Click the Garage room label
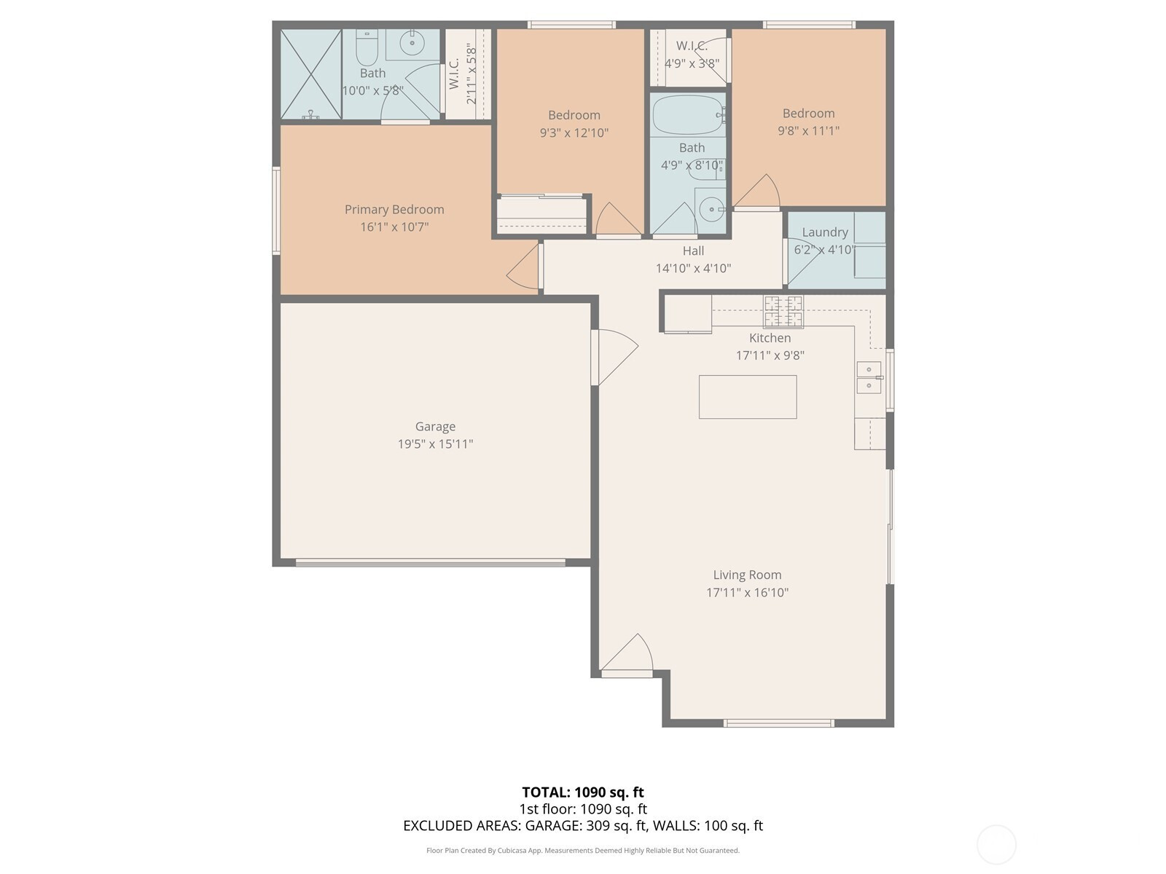435,426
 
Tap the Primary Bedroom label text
394,210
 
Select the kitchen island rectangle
748,397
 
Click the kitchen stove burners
783,312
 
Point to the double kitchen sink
869,377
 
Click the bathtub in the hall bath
689,115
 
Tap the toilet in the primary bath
367,47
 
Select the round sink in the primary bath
412,43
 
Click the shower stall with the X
310,74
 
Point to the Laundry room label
824,232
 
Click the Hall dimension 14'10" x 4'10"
693,269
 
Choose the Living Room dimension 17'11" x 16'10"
747,592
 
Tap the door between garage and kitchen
614,357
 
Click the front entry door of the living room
627,656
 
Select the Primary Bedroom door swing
523,268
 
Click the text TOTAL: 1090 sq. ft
583,792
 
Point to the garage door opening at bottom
430,562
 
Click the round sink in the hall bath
711,210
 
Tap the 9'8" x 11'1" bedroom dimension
808,130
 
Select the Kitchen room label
770,338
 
